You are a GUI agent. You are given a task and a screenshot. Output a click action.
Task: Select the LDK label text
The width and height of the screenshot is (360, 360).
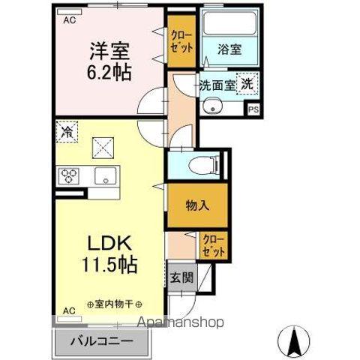click(x=112, y=244)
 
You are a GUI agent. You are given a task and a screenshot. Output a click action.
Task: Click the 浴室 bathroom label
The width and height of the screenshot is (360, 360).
click(x=230, y=52)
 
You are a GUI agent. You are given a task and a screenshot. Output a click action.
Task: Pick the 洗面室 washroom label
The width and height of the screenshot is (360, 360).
click(x=215, y=85)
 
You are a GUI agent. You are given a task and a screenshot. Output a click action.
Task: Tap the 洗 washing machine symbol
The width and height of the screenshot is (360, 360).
click(x=247, y=85)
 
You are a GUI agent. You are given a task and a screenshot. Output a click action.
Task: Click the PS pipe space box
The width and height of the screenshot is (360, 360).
click(x=254, y=109)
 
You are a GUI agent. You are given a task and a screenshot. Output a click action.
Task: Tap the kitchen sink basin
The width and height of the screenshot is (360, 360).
click(x=104, y=177)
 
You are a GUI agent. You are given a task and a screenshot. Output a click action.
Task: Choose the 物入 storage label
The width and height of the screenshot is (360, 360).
click(x=198, y=204)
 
